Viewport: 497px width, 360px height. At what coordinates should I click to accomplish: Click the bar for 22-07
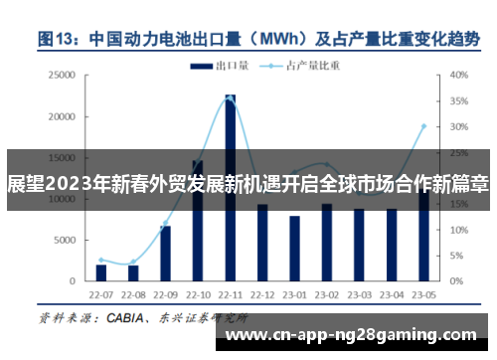tap(101, 271)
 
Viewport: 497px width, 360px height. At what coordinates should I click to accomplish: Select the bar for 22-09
tap(165, 253)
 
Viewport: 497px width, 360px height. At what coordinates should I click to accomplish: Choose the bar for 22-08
tap(133, 272)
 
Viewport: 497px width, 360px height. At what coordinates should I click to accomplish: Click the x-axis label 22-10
tap(198, 296)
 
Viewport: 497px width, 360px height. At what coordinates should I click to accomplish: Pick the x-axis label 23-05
tap(423, 296)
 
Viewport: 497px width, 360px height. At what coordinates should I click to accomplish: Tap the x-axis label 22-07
tap(101, 296)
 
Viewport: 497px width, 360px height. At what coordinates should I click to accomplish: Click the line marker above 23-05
tap(423, 126)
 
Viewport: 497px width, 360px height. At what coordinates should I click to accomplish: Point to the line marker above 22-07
tap(101, 260)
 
